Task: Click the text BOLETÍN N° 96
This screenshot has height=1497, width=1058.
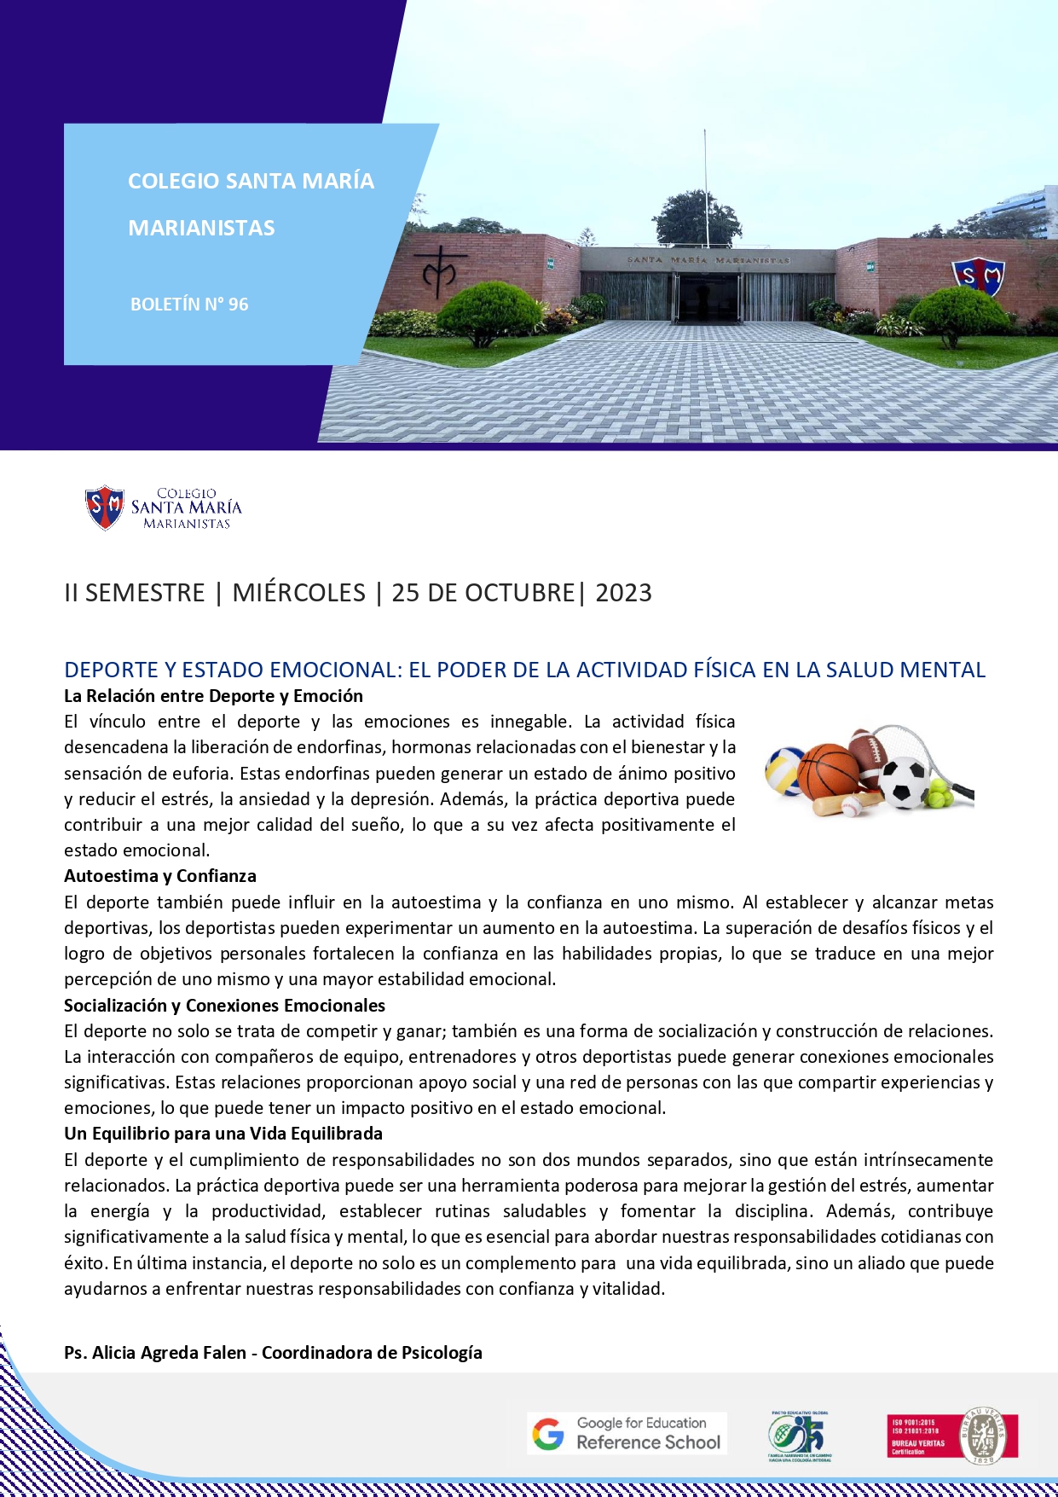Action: pyautogui.click(x=189, y=305)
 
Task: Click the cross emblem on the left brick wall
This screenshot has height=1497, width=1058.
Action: pyautogui.click(x=443, y=272)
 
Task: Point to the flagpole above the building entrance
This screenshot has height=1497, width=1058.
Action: pyautogui.click(x=705, y=188)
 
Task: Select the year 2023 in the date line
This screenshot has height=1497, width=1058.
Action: pyautogui.click(x=623, y=593)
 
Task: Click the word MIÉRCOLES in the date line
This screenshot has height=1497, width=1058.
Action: pyautogui.click(x=298, y=593)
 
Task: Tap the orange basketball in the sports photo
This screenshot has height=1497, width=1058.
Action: pyautogui.click(x=828, y=770)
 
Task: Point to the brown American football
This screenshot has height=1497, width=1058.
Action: pyautogui.click(x=868, y=753)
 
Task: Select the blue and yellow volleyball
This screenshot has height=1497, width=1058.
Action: pyautogui.click(x=785, y=769)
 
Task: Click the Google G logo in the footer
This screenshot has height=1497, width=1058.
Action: pyautogui.click(x=548, y=1434)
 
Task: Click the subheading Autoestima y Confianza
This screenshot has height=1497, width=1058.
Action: pyautogui.click(x=159, y=876)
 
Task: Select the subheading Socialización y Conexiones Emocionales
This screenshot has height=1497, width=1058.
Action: pyautogui.click(x=224, y=1006)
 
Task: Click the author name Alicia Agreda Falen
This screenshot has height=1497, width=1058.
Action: pyautogui.click(x=169, y=1353)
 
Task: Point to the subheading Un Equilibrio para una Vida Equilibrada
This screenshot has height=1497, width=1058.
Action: pyautogui.click(x=223, y=1134)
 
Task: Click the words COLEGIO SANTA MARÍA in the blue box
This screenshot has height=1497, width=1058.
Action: pyautogui.click(x=251, y=181)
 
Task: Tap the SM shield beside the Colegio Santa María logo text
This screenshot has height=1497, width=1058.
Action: pyautogui.click(x=105, y=508)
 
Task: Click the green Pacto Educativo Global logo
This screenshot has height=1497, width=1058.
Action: pyautogui.click(x=799, y=1436)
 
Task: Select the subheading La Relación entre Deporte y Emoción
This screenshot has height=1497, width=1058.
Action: pyautogui.click(x=213, y=696)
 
